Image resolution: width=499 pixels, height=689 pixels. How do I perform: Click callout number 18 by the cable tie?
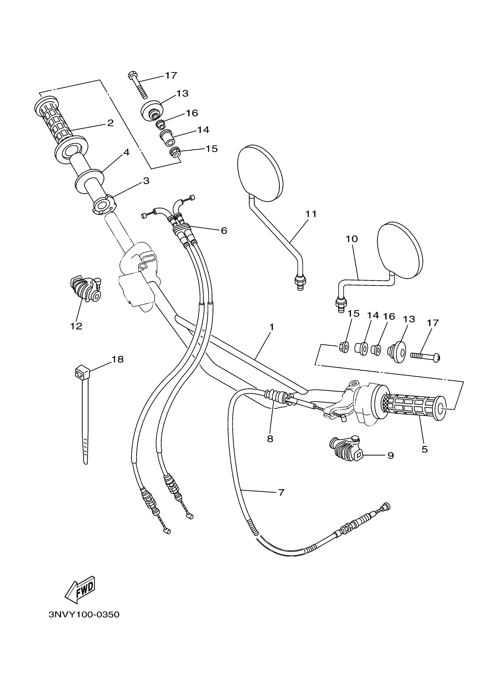pyautogui.click(x=117, y=359)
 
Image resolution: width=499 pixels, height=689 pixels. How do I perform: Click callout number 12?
pyautogui.click(x=76, y=326)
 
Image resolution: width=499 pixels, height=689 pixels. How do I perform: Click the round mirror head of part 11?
pyautogui.click(x=260, y=173)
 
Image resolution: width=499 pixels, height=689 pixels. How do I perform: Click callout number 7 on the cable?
pyautogui.click(x=281, y=492)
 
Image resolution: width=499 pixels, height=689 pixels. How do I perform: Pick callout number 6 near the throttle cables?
pyautogui.click(x=224, y=230)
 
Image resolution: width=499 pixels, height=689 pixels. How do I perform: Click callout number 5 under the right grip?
pyautogui.click(x=425, y=449)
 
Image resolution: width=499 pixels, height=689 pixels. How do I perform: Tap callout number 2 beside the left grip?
pyautogui.click(x=110, y=123)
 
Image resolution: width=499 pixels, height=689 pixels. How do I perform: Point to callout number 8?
pyautogui.click(x=270, y=439)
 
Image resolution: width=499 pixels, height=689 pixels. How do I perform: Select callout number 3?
pyautogui.click(x=146, y=181)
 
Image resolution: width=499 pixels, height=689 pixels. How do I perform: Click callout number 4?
pyautogui.click(x=126, y=152)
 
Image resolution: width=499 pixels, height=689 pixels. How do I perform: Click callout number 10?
pyautogui.click(x=352, y=239)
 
